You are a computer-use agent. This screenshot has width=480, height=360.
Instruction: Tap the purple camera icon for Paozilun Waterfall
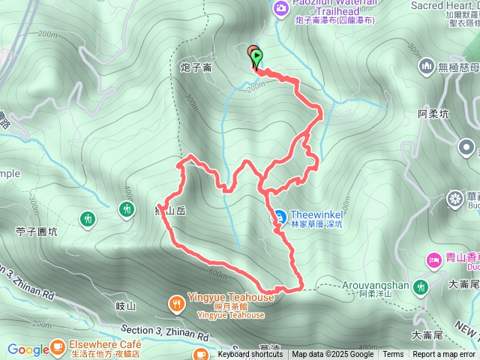[281, 9]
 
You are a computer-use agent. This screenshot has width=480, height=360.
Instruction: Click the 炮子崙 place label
[196, 68]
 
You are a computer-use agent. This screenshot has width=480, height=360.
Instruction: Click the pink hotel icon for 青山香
[434, 260]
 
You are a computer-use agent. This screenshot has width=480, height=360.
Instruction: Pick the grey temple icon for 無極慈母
[427, 66]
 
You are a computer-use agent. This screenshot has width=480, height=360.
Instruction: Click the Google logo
[28, 349]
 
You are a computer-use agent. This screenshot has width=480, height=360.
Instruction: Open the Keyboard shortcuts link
[250, 355]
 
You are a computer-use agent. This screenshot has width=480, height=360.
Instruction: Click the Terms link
[393, 355]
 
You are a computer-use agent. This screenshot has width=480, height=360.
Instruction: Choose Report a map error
[444, 355]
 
